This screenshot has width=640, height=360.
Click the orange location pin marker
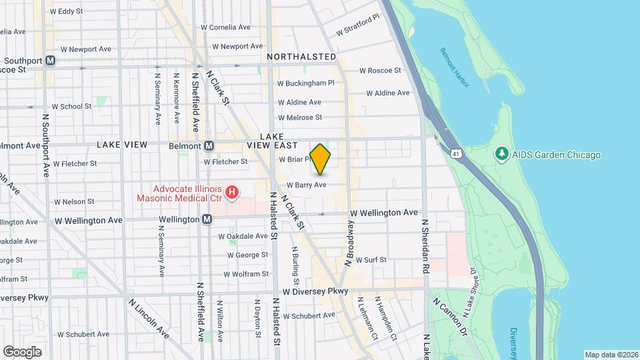pyautogui.click(x=321, y=159)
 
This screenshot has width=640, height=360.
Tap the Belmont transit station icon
pyautogui.click(x=209, y=145)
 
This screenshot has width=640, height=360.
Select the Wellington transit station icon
pyautogui.click(x=207, y=219)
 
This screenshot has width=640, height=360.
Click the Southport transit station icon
pyautogui.click(x=51, y=61)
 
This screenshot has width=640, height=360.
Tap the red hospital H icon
pyautogui.click(x=231, y=193)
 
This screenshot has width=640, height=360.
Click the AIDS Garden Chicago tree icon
pyautogui.click(x=501, y=155)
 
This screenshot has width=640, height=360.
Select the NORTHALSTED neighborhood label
pyautogui.click(x=301, y=57)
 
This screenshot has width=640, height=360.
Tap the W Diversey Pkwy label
pyautogui.click(x=315, y=292)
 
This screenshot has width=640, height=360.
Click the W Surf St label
pyautogui.click(x=370, y=259)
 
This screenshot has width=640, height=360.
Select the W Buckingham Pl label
pyautogui.click(x=305, y=83)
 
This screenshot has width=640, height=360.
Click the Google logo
pyautogui.click(x=22, y=351)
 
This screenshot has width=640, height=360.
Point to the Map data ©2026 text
pyautogui.click(x=611, y=354)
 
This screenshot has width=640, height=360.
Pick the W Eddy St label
pyautogui.click(x=66, y=11)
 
